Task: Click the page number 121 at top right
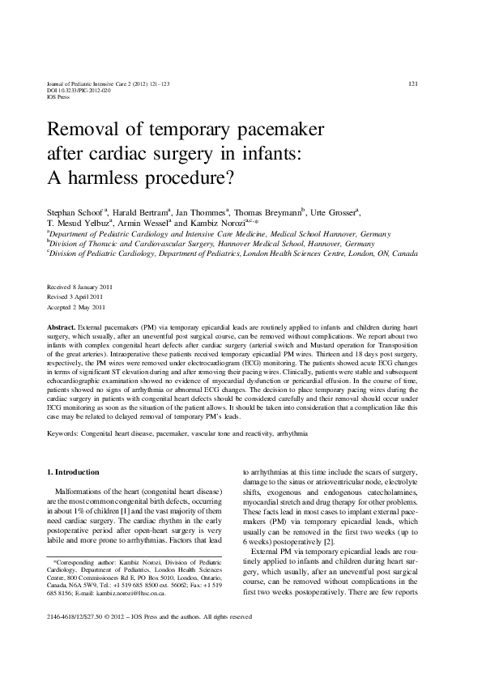412,84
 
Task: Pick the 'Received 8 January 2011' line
79,288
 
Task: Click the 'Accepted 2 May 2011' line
76,308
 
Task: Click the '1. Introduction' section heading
73,471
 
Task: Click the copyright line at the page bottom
150,639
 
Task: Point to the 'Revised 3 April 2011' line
75,297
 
